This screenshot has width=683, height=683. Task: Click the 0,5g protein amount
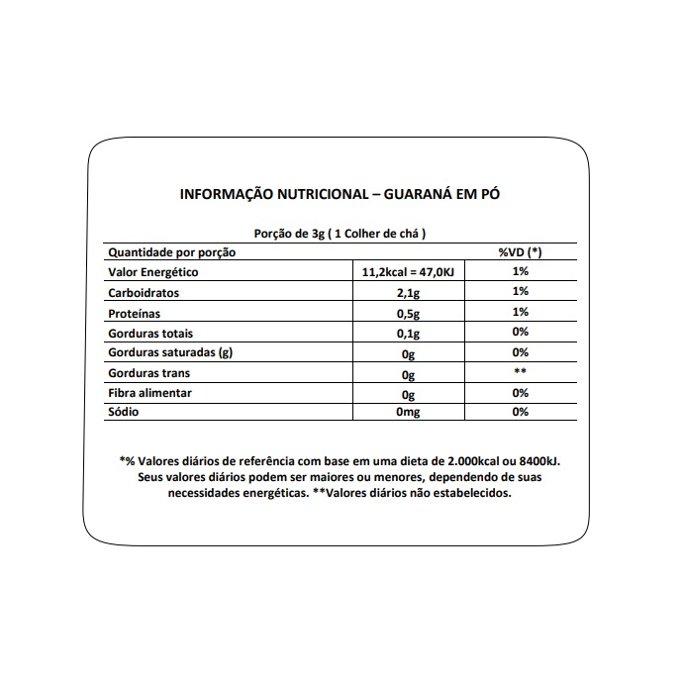[406, 314]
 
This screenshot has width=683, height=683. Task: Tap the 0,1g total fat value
[406, 334]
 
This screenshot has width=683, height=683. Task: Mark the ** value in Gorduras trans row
[521, 372]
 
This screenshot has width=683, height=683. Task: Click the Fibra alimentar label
[149, 393]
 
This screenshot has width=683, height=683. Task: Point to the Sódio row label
[125, 412]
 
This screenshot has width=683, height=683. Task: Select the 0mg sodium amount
[408, 413]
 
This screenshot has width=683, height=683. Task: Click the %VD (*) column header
[521, 252]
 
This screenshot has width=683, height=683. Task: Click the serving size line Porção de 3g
[340, 234]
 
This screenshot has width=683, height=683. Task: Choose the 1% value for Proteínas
[521, 312]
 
